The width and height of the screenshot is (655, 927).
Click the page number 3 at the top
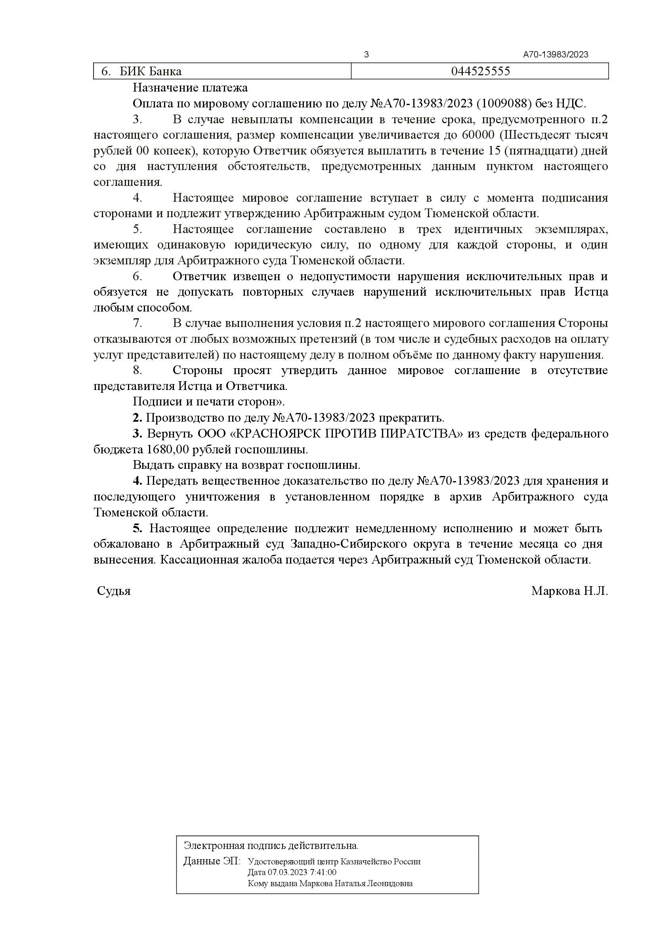click(x=366, y=55)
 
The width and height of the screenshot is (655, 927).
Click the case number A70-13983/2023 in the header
click(x=556, y=55)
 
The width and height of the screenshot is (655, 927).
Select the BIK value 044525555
click(x=480, y=71)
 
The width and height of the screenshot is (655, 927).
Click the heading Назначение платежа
click(x=190, y=88)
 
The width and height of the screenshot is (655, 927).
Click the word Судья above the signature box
click(x=114, y=591)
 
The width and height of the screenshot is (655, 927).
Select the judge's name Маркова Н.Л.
click(x=569, y=591)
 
